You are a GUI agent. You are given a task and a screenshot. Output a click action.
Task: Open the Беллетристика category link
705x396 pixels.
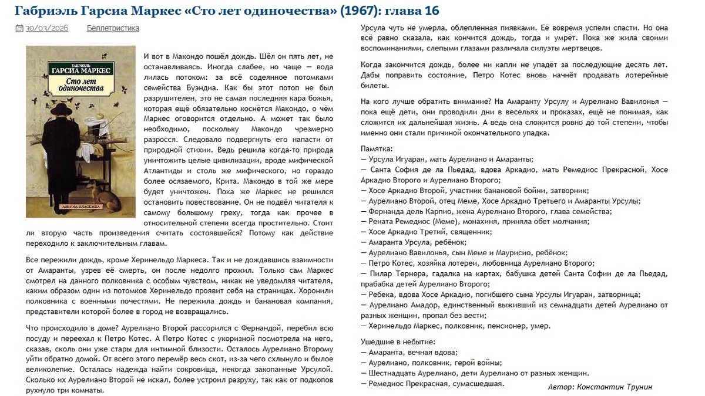click(113, 28)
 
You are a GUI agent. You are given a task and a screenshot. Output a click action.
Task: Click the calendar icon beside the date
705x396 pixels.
click(19, 28)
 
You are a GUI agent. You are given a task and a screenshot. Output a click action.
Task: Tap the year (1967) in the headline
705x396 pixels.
click(360, 11)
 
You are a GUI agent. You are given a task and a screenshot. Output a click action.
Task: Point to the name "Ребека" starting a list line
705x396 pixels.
click(382, 295)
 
